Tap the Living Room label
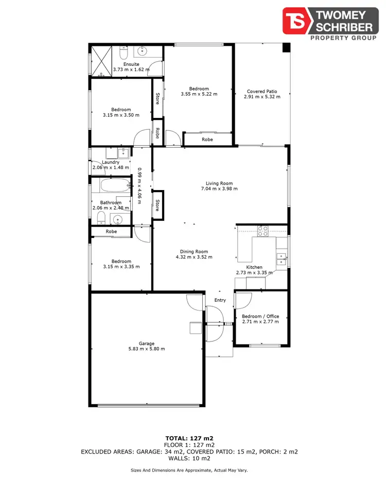pos(219,183)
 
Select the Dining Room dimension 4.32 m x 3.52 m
pos(194,257)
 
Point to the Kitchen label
pos(254,267)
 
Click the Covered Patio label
pos(262,91)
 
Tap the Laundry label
pos(111,162)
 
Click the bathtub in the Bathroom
pos(115,186)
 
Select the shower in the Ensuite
pos(101,60)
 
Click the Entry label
pos(220,300)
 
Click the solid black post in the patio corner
pos(286,47)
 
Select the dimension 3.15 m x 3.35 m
pos(121,267)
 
